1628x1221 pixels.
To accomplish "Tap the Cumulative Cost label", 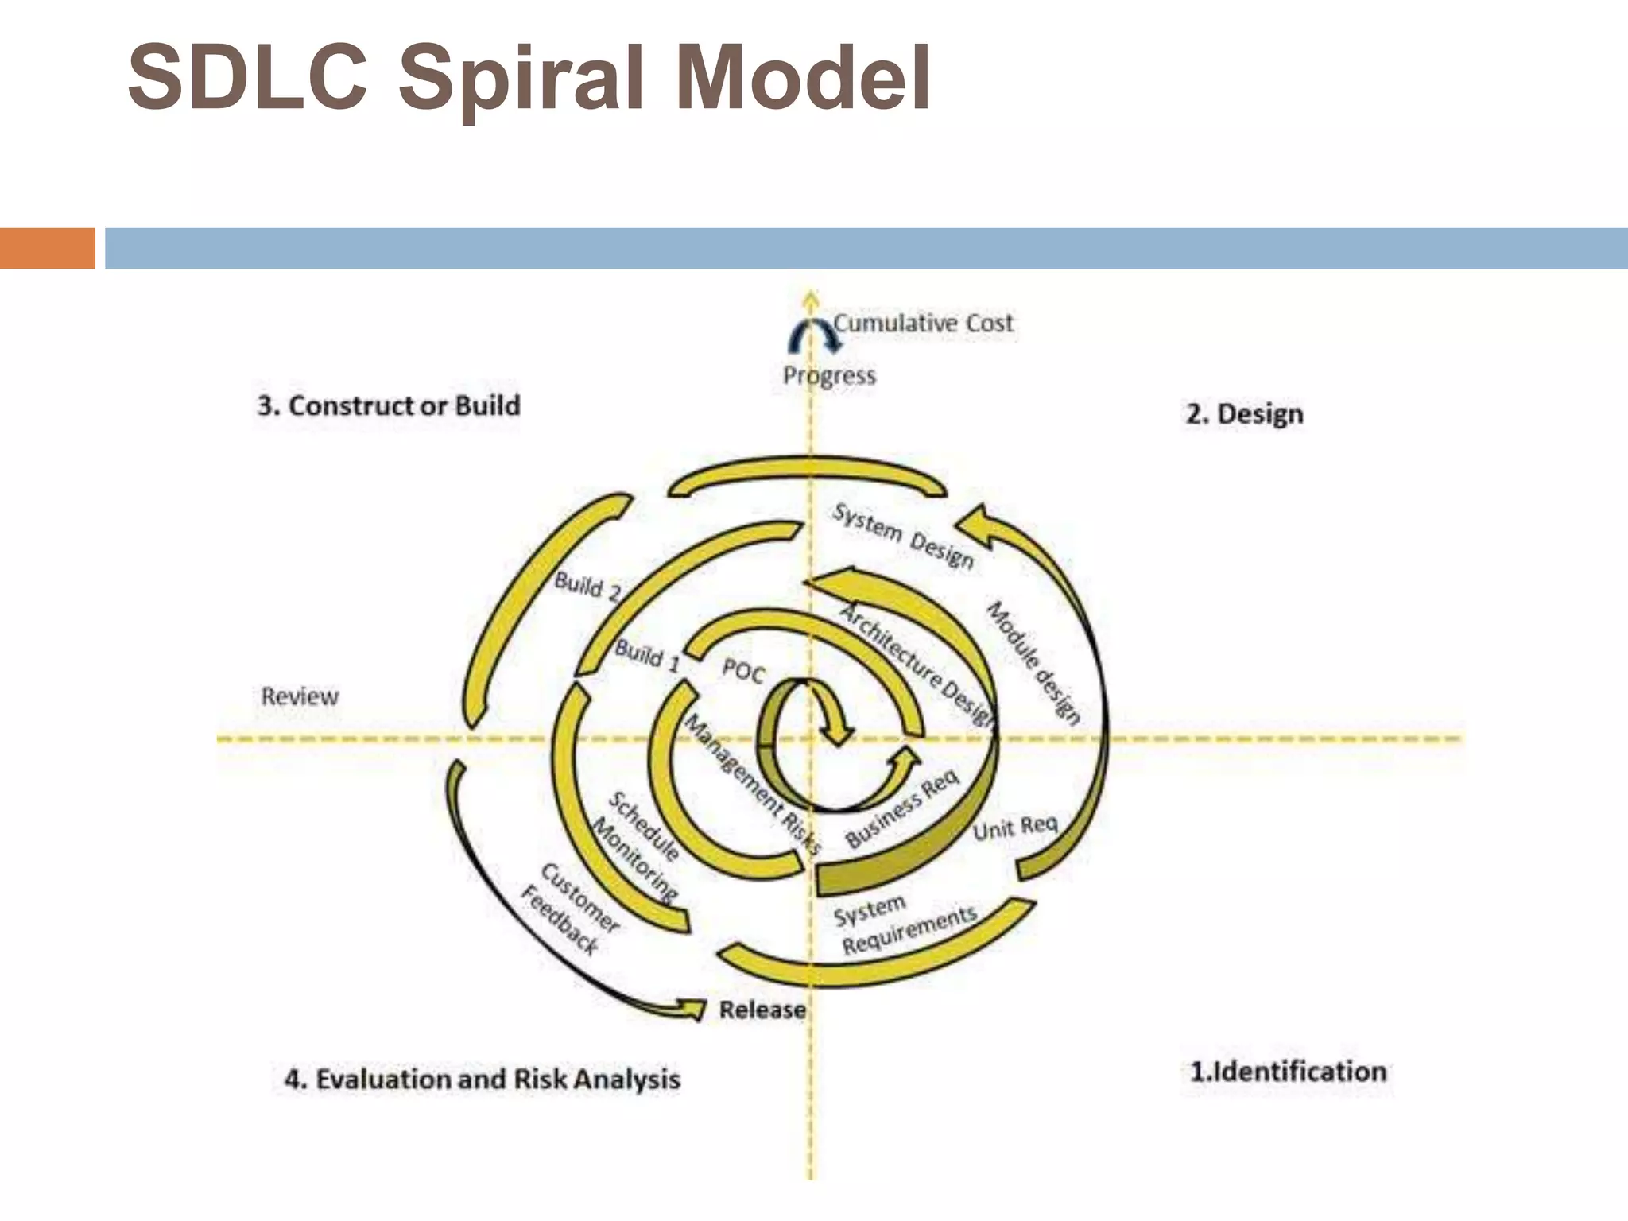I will pyautogui.click(x=923, y=324).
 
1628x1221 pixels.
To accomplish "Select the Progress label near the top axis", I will pyautogui.click(x=829, y=375).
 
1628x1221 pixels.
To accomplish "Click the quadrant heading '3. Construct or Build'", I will pyautogui.click(x=389, y=406).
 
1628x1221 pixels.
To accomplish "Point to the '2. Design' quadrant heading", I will pyautogui.click(x=1244, y=414).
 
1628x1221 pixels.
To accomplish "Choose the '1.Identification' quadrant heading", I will pyautogui.click(x=1288, y=1072).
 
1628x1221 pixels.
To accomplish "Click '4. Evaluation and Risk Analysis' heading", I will pyautogui.click(x=483, y=1079).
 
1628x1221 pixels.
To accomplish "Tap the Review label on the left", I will pyautogui.click(x=300, y=697).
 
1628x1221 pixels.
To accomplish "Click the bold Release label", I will pyautogui.click(x=762, y=1010).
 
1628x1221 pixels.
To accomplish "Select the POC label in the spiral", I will pyautogui.click(x=743, y=672).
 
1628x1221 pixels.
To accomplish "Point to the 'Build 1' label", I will pyautogui.click(x=648, y=656).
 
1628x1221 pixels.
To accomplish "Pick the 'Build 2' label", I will pyautogui.click(x=587, y=587).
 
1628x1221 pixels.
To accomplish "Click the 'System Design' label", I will pyautogui.click(x=903, y=536).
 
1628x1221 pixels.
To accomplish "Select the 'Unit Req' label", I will pyautogui.click(x=1015, y=828).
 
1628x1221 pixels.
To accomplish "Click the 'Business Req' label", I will pyautogui.click(x=901, y=809).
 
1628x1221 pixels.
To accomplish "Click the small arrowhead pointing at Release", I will pyautogui.click(x=692, y=1009).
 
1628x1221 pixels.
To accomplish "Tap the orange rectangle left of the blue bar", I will pyautogui.click(x=47, y=248).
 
